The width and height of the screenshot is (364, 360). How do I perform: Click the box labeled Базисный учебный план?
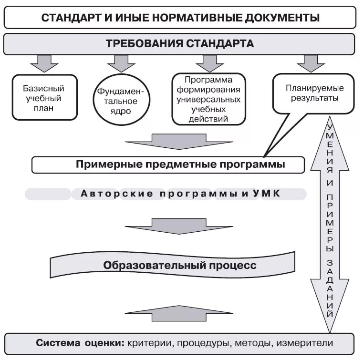[44, 97]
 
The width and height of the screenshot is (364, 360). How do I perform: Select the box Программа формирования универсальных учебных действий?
[208, 99]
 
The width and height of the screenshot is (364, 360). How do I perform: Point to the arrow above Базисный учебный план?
[44, 62]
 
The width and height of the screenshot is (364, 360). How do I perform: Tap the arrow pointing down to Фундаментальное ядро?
[121, 62]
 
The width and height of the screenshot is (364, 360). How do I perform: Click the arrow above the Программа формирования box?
[206, 62]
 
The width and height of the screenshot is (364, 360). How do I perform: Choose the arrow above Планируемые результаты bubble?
[311, 62]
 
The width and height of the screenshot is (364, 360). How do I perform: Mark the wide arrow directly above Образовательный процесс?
[178, 226]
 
